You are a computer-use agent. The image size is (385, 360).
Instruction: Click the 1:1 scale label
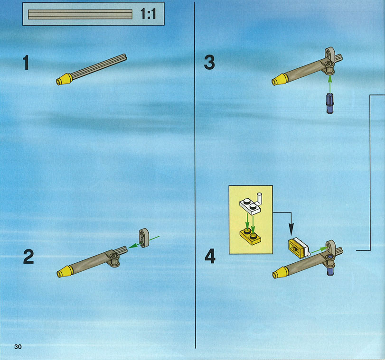[148, 13]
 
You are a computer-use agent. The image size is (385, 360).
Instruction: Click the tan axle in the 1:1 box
[80, 14]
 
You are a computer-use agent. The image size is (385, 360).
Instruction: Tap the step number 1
[26, 63]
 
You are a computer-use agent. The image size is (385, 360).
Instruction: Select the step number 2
[28, 257]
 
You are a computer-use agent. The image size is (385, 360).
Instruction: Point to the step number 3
[209, 62]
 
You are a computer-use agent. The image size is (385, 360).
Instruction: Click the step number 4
[210, 257]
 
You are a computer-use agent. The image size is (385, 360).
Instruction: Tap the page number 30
[18, 347]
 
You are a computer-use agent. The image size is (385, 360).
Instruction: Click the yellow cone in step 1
[64, 79]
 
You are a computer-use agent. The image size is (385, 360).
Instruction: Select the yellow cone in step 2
[65, 271]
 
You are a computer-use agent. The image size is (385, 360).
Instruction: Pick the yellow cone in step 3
[280, 80]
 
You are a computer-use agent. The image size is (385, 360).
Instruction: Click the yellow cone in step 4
[281, 272]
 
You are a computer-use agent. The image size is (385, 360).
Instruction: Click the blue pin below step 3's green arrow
[330, 103]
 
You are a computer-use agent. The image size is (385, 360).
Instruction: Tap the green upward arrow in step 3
[330, 84]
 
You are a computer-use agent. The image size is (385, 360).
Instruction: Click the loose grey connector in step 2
[144, 238]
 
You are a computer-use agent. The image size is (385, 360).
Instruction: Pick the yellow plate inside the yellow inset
[250, 237]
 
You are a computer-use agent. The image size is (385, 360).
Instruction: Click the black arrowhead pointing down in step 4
[291, 230]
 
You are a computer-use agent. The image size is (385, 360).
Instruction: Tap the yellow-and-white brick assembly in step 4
[299, 248]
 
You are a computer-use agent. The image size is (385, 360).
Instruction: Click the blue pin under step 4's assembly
[330, 271]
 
